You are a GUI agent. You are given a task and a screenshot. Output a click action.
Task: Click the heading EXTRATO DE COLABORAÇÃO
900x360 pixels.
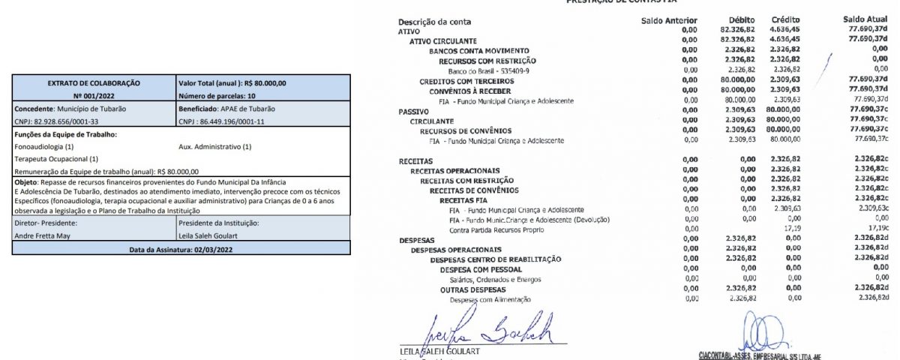pyautogui.click(x=94, y=83)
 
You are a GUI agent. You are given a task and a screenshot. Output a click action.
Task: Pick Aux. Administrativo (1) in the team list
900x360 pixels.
pyautogui.click(x=215, y=146)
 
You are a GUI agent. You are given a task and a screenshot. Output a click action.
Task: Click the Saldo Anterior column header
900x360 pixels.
pyautogui.click(x=670, y=20)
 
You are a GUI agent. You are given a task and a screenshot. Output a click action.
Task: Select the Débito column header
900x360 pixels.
pyautogui.click(x=741, y=20)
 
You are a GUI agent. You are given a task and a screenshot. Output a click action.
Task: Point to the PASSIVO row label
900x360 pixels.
pyautogui.click(x=413, y=110)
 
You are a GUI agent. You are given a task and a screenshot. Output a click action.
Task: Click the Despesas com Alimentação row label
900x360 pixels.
pyautogui.click(x=490, y=299)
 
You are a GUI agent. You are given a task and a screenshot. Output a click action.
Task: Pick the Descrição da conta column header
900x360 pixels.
pyautogui.click(x=435, y=22)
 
